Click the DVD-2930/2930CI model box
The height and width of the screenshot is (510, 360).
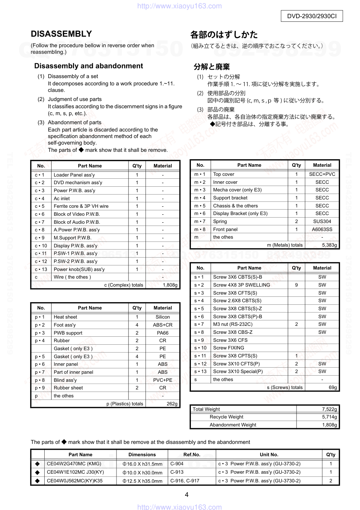click(x=312, y=16)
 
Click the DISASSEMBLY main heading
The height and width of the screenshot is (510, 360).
click(x=61, y=34)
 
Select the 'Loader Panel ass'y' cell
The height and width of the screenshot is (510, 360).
click(x=74, y=175)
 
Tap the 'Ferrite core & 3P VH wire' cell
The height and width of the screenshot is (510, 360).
click(x=81, y=206)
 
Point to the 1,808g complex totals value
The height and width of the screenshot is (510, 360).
click(x=170, y=285)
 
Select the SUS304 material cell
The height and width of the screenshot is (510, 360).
click(x=322, y=221)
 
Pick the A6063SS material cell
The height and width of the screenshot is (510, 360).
click(x=322, y=229)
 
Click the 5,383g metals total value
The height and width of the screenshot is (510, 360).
click(x=329, y=245)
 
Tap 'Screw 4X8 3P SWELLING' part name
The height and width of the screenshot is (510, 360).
click(x=241, y=285)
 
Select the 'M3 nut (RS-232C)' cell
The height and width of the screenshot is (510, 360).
click(x=233, y=324)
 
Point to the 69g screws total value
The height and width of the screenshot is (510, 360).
click(x=332, y=387)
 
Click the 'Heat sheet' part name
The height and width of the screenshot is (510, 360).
click(x=65, y=317)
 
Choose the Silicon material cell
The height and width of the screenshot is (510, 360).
click(x=163, y=317)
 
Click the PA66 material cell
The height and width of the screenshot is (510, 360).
click(x=163, y=333)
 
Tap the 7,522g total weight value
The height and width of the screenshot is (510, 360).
click(x=329, y=409)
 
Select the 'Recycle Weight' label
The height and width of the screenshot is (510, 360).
click(x=226, y=417)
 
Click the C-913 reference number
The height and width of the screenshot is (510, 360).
click(x=177, y=472)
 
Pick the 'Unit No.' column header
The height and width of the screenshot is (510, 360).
click(x=269, y=454)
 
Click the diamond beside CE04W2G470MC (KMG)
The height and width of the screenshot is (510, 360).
click(x=37, y=464)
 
